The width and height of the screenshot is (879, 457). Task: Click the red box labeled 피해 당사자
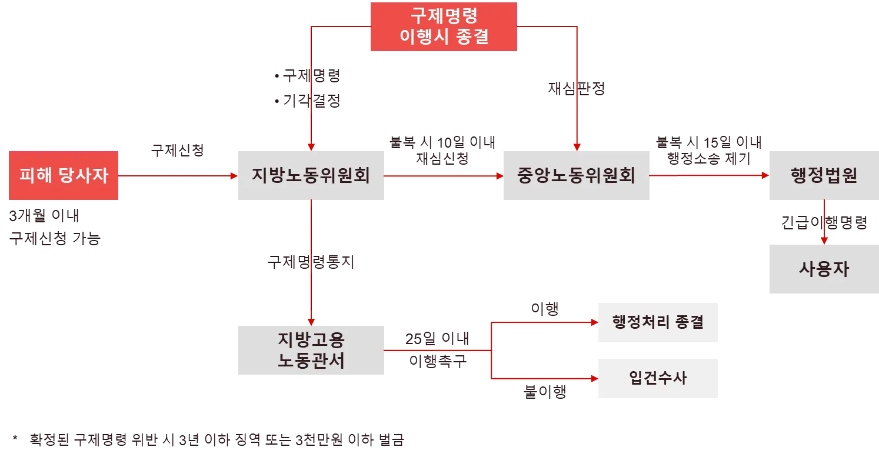(64, 176)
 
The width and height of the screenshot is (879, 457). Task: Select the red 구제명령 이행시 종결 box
(444, 26)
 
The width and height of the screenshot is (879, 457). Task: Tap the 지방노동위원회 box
(311, 176)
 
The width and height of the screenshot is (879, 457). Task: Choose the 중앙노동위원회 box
(577, 176)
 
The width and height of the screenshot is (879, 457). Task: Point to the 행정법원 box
(823, 176)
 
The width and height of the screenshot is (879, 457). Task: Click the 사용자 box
(823, 270)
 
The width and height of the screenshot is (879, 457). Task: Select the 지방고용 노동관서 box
(311, 351)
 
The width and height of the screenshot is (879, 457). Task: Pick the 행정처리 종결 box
(658, 322)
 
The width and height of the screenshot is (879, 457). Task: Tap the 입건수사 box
(658, 378)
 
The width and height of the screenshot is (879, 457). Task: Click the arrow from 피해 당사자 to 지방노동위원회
(177, 176)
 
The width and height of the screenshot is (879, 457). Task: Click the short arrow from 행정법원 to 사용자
(824, 224)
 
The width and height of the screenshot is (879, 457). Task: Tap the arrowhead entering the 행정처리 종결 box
(592, 322)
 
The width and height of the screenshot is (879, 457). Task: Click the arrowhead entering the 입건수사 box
(592, 378)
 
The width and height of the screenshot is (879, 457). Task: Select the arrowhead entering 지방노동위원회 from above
(311, 146)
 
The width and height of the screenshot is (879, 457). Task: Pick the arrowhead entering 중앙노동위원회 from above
(577, 146)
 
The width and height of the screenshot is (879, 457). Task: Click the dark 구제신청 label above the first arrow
(178, 151)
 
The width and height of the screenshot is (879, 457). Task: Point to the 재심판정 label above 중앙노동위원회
(576, 89)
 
